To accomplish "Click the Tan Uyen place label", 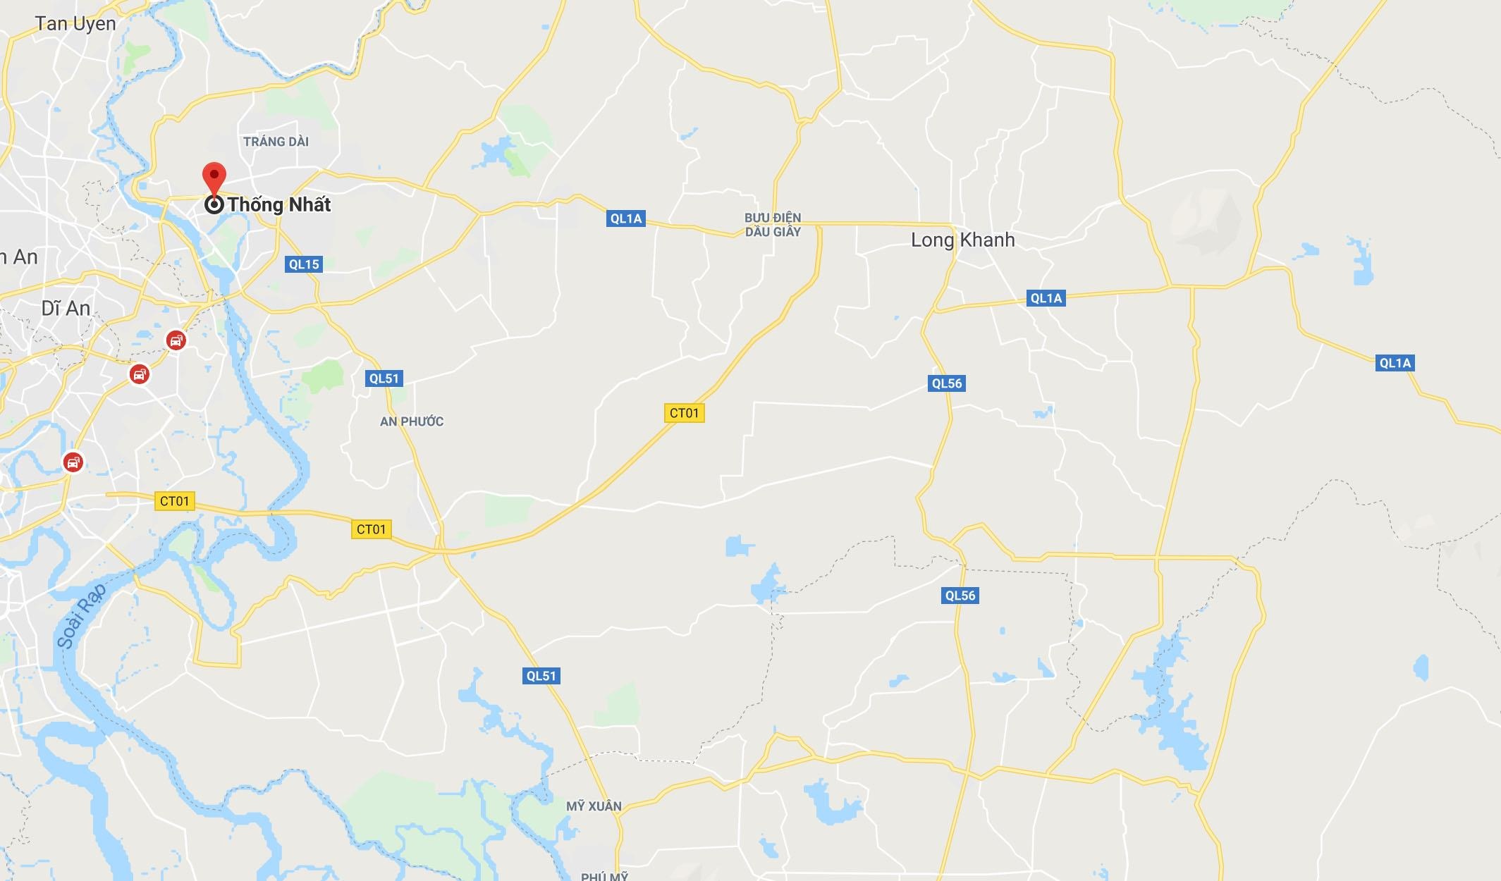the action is pyautogui.click(x=75, y=24).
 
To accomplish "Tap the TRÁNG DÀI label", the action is pyautogui.click(x=276, y=142).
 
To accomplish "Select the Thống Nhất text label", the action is pyautogui.click(x=279, y=205).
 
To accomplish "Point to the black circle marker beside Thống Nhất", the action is pyautogui.click(x=214, y=205).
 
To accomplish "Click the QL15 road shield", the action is pyautogui.click(x=304, y=264).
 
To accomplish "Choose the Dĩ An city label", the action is pyautogui.click(x=66, y=309).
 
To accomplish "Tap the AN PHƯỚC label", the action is pyautogui.click(x=412, y=421).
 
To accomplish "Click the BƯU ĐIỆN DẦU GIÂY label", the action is pyautogui.click(x=773, y=225).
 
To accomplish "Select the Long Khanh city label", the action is pyautogui.click(x=962, y=240).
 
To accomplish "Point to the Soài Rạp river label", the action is pyautogui.click(x=81, y=615).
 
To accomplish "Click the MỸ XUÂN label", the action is pyautogui.click(x=594, y=806).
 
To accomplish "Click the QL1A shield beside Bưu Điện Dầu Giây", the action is pyautogui.click(x=626, y=218).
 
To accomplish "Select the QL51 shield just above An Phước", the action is pyautogui.click(x=384, y=378).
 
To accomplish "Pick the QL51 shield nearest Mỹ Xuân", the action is pyautogui.click(x=541, y=676).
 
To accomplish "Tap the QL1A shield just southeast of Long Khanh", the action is pyautogui.click(x=1046, y=298).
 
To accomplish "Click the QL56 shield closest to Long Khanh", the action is pyautogui.click(x=946, y=383).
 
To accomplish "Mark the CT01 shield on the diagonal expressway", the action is pyautogui.click(x=684, y=413).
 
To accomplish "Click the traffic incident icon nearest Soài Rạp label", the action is pyautogui.click(x=73, y=462).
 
